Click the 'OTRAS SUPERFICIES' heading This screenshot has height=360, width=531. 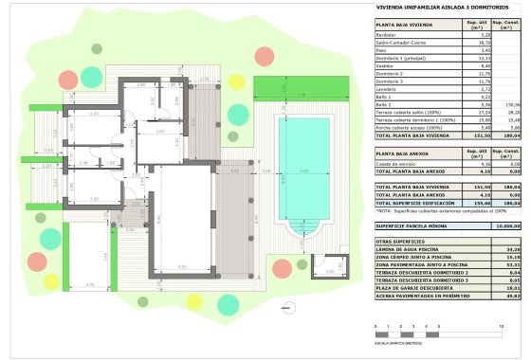[x=398, y=243]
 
